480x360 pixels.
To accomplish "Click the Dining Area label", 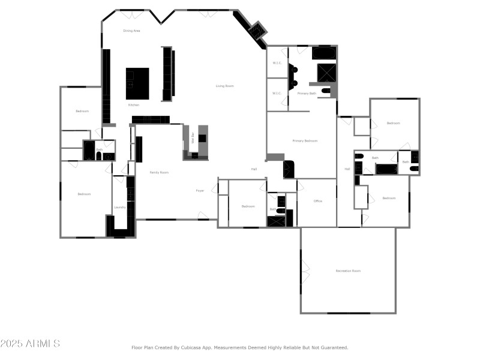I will (131, 31).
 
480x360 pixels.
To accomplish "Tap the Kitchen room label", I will (134, 105).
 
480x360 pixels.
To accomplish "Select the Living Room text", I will (225, 86).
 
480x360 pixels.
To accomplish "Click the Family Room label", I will (159, 172).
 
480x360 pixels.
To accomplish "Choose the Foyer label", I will (200, 191).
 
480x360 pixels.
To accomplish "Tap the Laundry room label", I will (120, 208).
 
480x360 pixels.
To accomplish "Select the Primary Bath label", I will (307, 93).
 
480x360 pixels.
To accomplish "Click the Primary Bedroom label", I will (305, 141).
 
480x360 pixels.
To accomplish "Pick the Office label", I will (318, 201).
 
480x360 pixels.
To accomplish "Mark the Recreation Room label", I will (348, 271).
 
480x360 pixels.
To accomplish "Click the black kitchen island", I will (137, 83).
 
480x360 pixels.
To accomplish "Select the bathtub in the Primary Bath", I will (324, 53).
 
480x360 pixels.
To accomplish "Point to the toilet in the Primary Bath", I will (326, 91).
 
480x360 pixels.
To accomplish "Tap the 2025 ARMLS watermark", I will (30, 344).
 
